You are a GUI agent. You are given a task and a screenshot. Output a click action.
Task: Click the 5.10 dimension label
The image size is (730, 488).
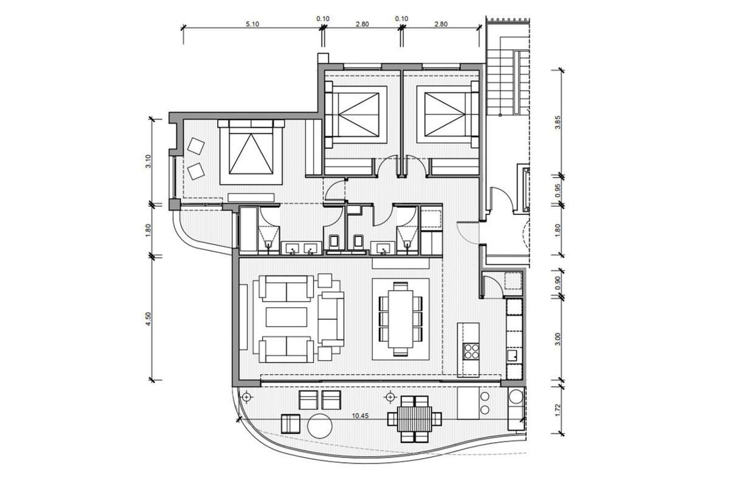252,24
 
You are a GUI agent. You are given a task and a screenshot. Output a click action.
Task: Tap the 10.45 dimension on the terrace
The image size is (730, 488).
360,416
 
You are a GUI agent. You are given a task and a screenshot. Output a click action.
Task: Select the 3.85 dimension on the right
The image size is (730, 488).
558,122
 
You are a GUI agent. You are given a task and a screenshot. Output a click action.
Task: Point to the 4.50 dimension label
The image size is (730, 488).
148,319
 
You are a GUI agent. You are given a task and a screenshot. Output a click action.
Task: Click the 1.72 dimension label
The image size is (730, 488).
558,410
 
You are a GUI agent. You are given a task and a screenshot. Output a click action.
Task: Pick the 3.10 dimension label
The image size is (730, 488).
148,161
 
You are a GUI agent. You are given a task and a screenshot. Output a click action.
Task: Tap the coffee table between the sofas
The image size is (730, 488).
287,317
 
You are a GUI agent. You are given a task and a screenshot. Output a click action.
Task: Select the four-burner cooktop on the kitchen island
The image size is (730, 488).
471,351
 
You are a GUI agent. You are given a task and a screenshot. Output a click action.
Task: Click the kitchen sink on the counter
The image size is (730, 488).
513,355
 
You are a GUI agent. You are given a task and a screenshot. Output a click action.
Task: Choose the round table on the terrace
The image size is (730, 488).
320,426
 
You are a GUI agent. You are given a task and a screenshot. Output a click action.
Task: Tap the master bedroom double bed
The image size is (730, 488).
251,152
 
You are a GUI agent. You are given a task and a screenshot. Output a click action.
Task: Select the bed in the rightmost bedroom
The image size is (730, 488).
448,115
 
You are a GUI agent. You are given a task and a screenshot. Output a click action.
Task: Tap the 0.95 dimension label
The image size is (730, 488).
558,190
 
